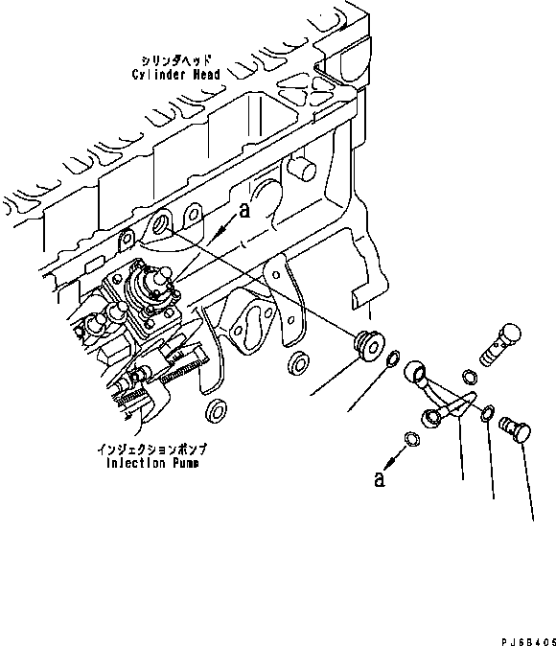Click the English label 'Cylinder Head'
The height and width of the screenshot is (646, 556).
[176, 75]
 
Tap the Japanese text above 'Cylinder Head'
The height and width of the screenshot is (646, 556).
[176, 60]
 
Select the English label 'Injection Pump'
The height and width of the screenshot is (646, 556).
[152, 463]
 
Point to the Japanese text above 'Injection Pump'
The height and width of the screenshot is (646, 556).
[152, 449]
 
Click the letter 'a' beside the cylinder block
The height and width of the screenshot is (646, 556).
[244, 211]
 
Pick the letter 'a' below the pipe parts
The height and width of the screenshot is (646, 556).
[380, 478]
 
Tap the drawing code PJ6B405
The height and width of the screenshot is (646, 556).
[528, 641]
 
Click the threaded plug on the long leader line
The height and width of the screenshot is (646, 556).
[370, 345]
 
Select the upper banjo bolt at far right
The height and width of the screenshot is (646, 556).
[500, 344]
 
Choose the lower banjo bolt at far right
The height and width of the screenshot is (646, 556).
[515, 428]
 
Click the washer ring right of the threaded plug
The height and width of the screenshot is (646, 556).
[393, 358]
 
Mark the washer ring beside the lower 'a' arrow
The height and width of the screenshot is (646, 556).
[412, 439]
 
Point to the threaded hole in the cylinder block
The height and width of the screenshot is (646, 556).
[160, 225]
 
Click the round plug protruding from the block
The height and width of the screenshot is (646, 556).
[303, 169]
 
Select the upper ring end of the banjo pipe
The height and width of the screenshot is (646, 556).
[415, 373]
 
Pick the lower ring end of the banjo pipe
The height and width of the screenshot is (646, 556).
[431, 418]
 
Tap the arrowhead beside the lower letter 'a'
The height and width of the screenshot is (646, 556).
[388, 464]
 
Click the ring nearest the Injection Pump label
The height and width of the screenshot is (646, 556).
[216, 410]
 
